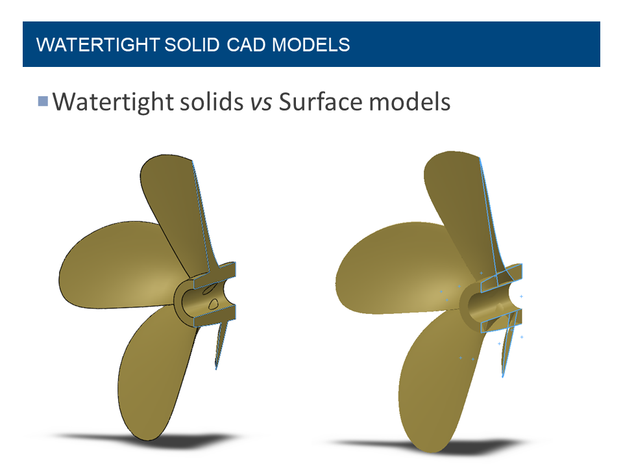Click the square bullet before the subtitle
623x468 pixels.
[x=43, y=101]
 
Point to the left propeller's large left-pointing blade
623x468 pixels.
[x=110, y=266]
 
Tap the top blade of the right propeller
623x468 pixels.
[x=454, y=195]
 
